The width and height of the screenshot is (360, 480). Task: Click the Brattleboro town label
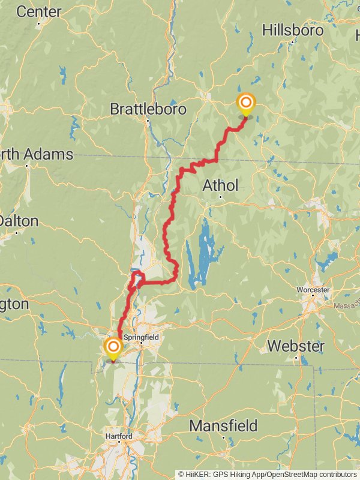(x=148, y=109)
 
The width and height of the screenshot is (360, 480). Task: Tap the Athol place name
(x=220, y=185)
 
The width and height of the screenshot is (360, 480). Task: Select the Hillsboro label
(x=293, y=30)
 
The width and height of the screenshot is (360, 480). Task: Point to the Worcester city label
(x=313, y=290)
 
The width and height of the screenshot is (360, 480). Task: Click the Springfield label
(x=141, y=338)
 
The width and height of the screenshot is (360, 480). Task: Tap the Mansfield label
(x=223, y=426)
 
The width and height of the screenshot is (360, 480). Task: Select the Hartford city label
(x=118, y=436)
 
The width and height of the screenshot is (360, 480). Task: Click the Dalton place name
(x=18, y=220)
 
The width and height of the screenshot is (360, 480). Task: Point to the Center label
(x=38, y=11)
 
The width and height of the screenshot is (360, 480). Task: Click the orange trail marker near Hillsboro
(x=245, y=103)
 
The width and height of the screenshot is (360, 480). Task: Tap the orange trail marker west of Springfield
(x=113, y=347)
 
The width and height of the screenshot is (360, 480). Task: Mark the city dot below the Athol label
(x=220, y=197)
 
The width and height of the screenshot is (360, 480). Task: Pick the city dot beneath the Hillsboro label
(x=292, y=42)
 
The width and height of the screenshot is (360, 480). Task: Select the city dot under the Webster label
(x=296, y=358)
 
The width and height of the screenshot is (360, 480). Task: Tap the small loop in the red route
(x=138, y=278)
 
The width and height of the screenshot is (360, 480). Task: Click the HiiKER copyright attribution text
(x=267, y=474)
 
